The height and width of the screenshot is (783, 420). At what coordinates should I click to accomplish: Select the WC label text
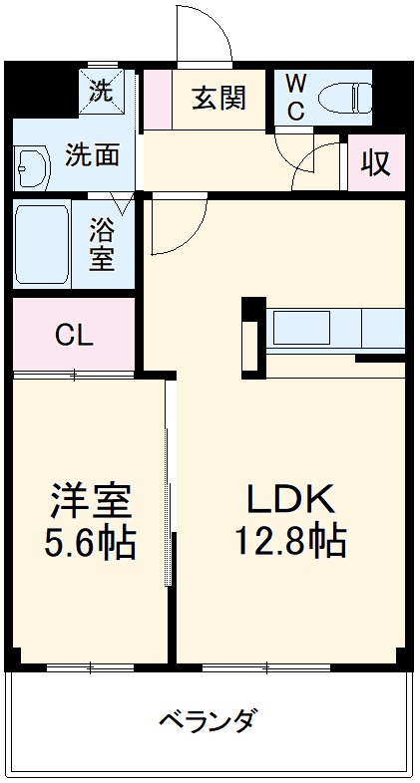tap(296, 98)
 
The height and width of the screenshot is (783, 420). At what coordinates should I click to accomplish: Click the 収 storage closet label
tap(376, 162)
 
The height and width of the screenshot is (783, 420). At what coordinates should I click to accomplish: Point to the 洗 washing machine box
tap(102, 92)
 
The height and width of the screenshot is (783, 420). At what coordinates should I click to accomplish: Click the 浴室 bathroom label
tap(102, 247)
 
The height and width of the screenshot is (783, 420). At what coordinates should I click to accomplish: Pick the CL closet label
tap(73, 335)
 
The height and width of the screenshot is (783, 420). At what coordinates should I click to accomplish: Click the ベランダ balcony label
tap(210, 719)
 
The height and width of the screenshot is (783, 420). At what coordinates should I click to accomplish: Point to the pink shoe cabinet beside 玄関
tap(157, 99)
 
